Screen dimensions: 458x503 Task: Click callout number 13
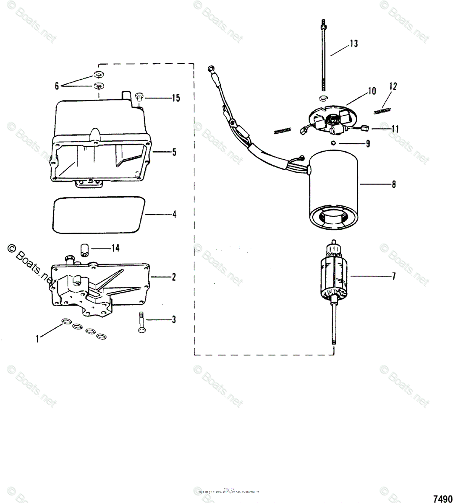click(354, 44)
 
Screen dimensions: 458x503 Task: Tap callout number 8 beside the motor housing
click(393, 184)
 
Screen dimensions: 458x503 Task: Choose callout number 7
click(393, 277)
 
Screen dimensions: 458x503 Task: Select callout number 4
click(174, 215)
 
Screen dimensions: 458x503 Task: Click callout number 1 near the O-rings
click(37, 339)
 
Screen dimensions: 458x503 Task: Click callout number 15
click(175, 98)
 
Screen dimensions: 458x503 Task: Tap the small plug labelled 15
click(140, 97)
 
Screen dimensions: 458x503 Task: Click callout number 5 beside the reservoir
click(174, 152)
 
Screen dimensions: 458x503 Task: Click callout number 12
click(393, 87)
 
